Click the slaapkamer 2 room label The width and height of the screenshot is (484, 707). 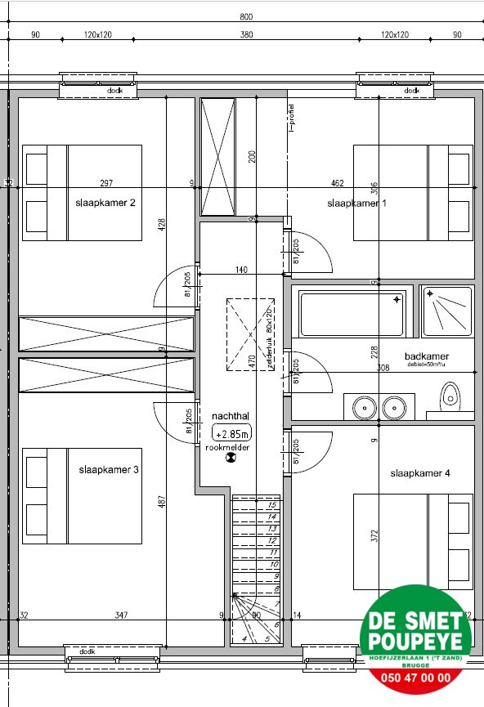tap(105, 204)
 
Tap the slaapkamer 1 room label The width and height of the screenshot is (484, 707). tap(356, 204)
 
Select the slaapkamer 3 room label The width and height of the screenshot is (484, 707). tap(109, 470)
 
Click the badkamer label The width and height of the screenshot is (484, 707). tap(427, 356)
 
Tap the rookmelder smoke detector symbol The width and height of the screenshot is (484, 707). tap(228, 458)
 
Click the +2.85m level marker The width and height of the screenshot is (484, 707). tap(231, 434)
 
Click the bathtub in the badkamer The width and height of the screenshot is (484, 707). tap(352, 315)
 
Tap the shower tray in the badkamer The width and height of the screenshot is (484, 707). tap(446, 311)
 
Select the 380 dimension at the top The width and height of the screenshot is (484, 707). tap(246, 35)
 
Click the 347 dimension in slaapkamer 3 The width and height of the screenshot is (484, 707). tap(121, 615)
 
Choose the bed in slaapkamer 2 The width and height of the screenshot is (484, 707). tap(82, 193)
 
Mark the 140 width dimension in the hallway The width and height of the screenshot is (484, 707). tap(241, 270)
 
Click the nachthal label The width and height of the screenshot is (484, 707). tap(229, 415)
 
